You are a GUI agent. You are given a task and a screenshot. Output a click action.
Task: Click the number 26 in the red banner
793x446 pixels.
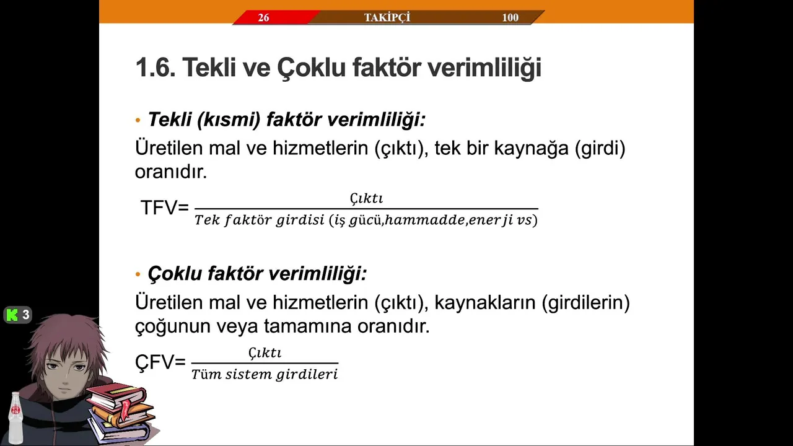tap(263, 17)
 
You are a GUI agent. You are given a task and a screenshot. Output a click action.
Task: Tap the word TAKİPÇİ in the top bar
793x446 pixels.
tap(387, 17)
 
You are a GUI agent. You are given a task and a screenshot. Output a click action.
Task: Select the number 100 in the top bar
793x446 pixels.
tap(510, 17)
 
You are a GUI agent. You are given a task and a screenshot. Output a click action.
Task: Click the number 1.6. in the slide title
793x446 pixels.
tap(156, 68)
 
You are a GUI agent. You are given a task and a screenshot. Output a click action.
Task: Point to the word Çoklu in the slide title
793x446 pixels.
tap(311, 68)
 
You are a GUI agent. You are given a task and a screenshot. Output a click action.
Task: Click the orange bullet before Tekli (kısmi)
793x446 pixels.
tap(138, 120)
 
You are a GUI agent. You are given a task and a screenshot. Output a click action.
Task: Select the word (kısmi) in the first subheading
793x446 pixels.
tap(229, 120)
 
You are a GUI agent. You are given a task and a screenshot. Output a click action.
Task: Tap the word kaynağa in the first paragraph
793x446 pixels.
tap(531, 148)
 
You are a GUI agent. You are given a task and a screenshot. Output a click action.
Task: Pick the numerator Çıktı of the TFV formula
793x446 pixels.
tap(366, 198)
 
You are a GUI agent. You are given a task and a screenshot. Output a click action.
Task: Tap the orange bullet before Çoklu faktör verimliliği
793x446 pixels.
tap(138, 274)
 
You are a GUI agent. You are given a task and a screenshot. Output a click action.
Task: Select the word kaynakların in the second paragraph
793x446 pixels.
tap(484, 302)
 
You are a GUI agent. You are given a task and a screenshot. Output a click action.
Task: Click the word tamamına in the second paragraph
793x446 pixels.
tap(308, 326)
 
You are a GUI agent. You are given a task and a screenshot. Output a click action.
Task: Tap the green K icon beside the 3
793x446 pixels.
tap(12, 315)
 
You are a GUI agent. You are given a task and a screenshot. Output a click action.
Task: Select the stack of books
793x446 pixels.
tap(120, 413)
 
